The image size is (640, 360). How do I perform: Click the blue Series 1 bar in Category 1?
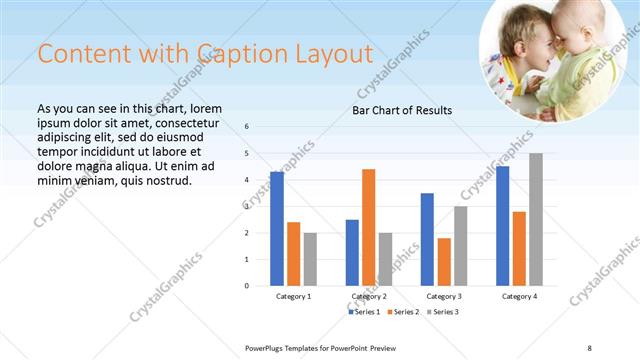pyautogui.click(x=277, y=229)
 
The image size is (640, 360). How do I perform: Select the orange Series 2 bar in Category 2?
pyautogui.click(x=369, y=227)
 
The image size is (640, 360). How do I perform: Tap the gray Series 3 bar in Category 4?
pyautogui.click(x=536, y=219)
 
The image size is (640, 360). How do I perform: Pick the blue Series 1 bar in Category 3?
pyautogui.click(x=427, y=239)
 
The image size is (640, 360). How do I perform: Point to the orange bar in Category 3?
pyautogui.click(x=444, y=261)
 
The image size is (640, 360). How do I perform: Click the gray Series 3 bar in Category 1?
pyautogui.click(x=310, y=259)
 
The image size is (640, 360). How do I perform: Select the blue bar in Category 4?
pyautogui.click(x=502, y=226)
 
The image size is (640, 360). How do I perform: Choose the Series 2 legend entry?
pyautogui.click(x=404, y=313)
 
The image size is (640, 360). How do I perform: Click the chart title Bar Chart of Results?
pyautogui.click(x=402, y=110)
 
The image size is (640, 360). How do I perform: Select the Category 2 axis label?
pyautogui.click(x=369, y=297)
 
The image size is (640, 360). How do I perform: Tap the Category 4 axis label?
pyautogui.click(x=519, y=297)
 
